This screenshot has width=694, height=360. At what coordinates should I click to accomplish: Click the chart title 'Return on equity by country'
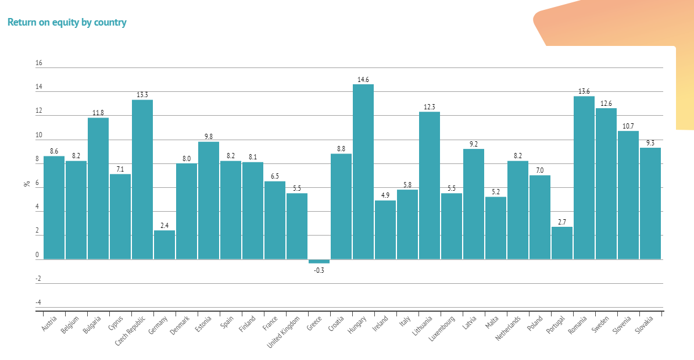pyautogui.click(x=67, y=23)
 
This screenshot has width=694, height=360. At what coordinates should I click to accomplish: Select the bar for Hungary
pyautogui.click(x=363, y=172)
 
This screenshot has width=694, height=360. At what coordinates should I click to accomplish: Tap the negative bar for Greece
pyautogui.click(x=319, y=261)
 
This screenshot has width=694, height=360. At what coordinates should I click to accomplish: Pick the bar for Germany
pyautogui.click(x=164, y=244)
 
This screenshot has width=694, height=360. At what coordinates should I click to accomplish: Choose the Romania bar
pyautogui.click(x=584, y=177)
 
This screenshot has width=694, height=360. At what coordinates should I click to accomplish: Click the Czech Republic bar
pyautogui.click(x=142, y=179)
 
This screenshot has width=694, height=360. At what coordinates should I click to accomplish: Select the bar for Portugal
pyautogui.click(x=562, y=243)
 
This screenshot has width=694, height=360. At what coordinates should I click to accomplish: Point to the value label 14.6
pyautogui.click(x=363, y=80)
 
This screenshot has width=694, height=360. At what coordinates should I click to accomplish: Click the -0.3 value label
pyautogui.click(x=319, y=270)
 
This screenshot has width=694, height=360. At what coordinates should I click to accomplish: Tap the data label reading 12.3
pyautogui.click(x=430, y=107)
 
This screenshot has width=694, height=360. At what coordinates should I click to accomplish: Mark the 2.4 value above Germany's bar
pyautogui.click(x=164, y=226)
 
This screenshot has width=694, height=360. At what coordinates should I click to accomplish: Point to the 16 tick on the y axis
pyautogui.click(x=38, y=63)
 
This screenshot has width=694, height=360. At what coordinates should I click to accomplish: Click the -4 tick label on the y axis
pyautogui.click(x=38, y=302)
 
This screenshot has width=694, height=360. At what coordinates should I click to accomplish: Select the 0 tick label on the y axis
pyautogui.click(x=37, y=255)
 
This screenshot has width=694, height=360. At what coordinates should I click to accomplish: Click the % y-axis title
pyautogui.click(x=27, y=183)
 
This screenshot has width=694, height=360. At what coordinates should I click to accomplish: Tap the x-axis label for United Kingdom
pyautogui.click(x=285, y=330)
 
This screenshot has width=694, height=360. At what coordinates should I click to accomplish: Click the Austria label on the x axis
pyautogui.click(x=49, y=324)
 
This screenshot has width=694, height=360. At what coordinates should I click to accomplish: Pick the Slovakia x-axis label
pyautogui.click(x=644, y=325)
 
